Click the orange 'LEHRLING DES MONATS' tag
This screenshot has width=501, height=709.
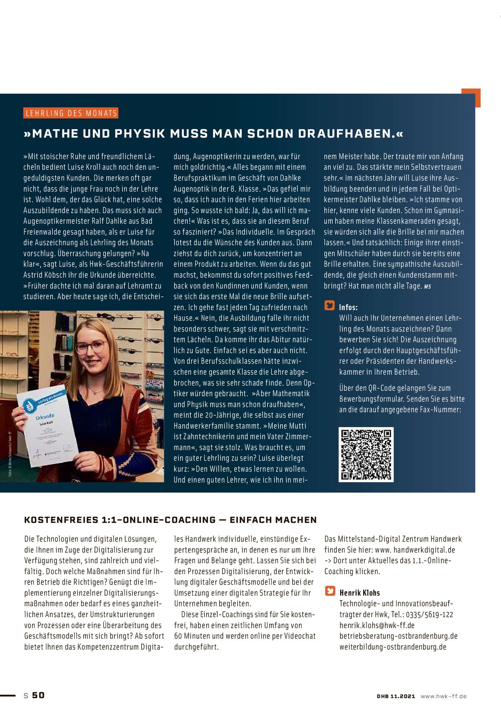click(x=71, y=113)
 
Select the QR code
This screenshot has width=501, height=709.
click(x=366, y=455)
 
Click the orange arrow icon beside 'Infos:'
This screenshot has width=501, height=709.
click(x=329, y=306)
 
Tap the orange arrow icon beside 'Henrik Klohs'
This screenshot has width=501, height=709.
click(x=330, y=591)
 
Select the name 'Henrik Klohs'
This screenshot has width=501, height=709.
click(x=359, y=593)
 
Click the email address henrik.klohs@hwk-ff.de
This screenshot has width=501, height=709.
click(x=377, y=625)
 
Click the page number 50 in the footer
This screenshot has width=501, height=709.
click(x=38, y=695)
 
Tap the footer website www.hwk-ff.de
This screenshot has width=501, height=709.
click(x=444, y=696)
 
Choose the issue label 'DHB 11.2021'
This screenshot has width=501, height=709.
click(x=396, y=696)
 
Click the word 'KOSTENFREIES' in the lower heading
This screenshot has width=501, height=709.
click(x=61, y=520)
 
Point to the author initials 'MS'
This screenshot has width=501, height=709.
click(x=427, y=287)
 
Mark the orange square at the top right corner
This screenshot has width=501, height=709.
click(x=471, y=98)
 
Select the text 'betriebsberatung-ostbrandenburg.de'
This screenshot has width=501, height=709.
click(x=398, y=636)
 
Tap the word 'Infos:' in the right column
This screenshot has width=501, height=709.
click(x=348, y=307)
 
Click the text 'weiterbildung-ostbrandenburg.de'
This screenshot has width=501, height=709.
click(x=393, y=647)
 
